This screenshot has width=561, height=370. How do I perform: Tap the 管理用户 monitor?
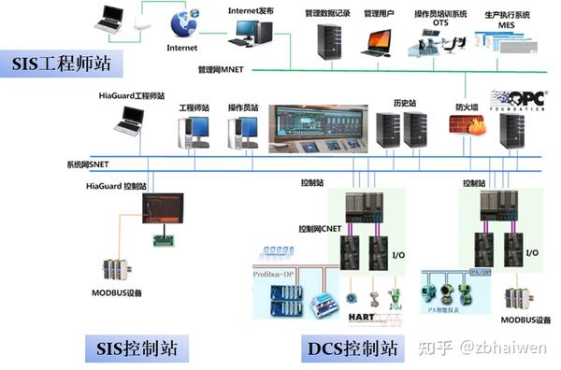click(x=379, y=41)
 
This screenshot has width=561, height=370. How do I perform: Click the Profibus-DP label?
click(x=280, y=274)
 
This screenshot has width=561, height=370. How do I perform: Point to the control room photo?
click(x=318, y=129)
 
